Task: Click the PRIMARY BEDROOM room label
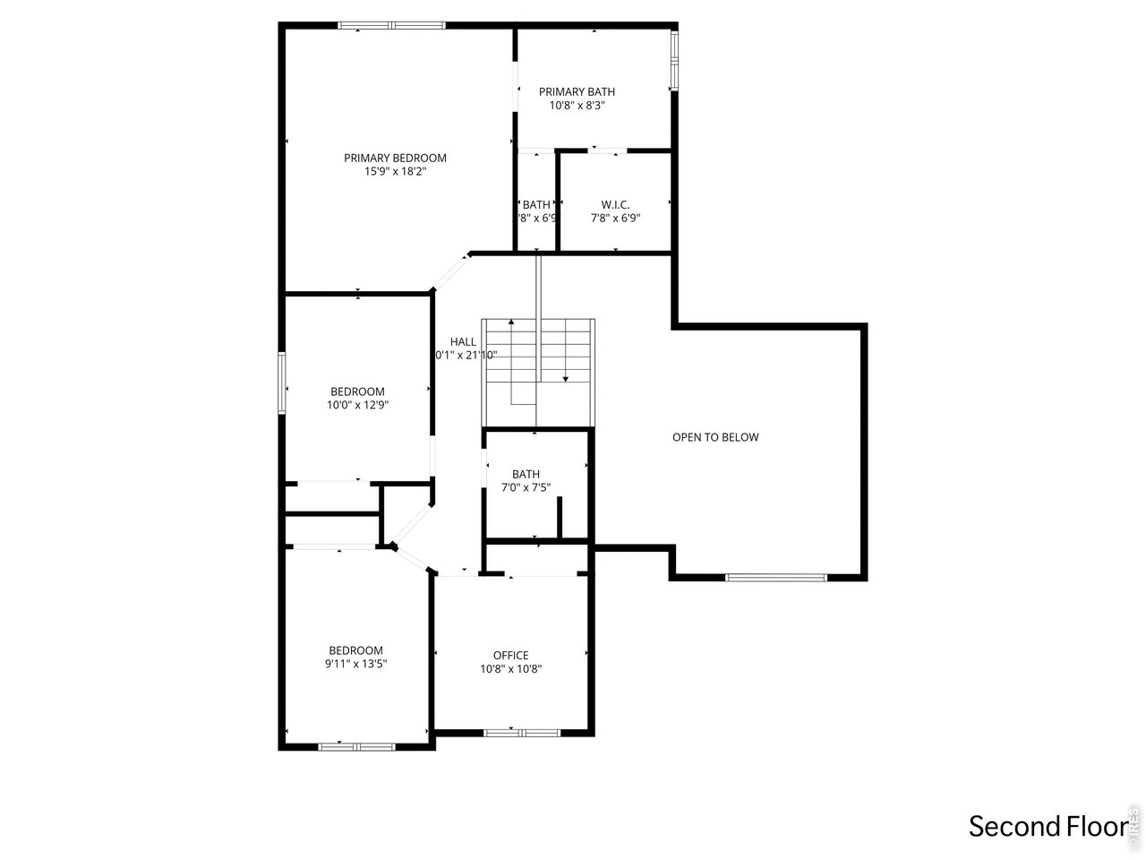point(395,158)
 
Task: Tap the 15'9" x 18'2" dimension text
point(395,171)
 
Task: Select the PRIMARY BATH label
point(577,91)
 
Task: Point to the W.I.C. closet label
point(615,204)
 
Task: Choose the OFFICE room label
point(510,655)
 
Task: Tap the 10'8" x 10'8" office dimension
point(510,668)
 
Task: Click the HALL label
point(463,341)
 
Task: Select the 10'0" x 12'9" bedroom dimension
point(357,405)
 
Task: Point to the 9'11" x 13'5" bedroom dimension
point(355,664)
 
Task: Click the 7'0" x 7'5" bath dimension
point(526,488)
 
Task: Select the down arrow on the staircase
point(565,378)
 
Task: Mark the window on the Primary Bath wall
point(674,61)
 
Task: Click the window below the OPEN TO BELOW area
point(775,577)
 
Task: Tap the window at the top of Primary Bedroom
point(391,25)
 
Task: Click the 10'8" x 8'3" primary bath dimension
point(577,105)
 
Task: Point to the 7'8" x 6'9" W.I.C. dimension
point(615,218)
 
